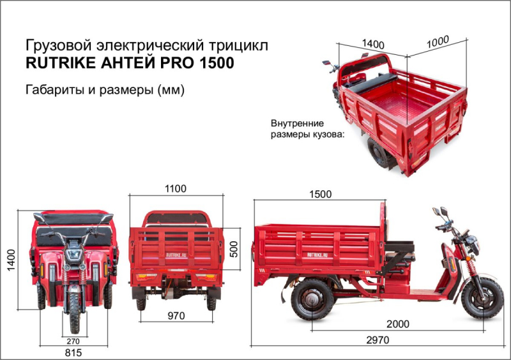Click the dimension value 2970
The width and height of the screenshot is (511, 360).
point(377,340)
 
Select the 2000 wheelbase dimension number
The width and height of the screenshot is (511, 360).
point(397,324)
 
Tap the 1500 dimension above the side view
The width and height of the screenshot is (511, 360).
point(320,194)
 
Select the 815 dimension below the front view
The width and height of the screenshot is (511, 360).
point(73,352)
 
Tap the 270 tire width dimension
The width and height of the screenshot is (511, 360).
point(75,341)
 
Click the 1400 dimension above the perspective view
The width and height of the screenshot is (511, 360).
point(372,44)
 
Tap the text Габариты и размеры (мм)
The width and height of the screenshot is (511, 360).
point(105,89)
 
